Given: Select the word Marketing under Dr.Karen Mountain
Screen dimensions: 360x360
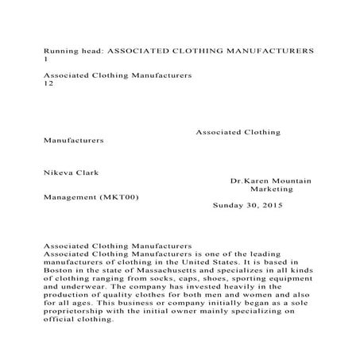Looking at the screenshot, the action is pyautogui.click(x=272, y=190).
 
